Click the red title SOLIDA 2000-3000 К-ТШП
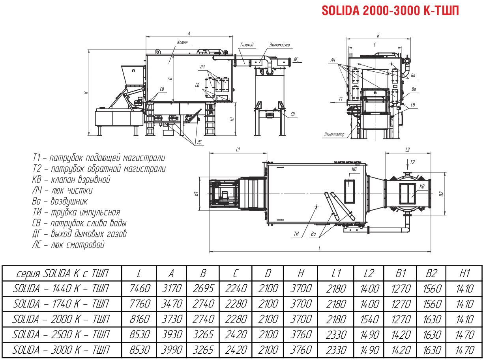pos(390,10)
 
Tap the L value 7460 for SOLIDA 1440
pos(140,288)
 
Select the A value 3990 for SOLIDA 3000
pos(172,350)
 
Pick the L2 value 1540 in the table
pos(369,319)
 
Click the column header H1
pos(465,273)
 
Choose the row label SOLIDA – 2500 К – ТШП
pos(61,335)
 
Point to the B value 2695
pos(203,288)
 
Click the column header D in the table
pos(268,273)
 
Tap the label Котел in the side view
pos(182,42)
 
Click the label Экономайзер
pos(279,45)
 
